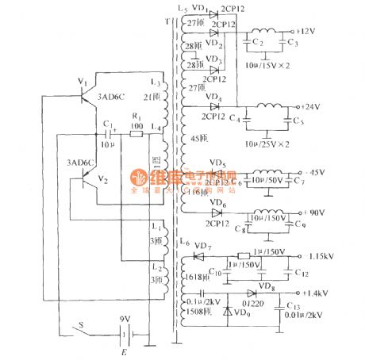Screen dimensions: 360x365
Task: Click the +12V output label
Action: pyautogui.click(x=308, y=31)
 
